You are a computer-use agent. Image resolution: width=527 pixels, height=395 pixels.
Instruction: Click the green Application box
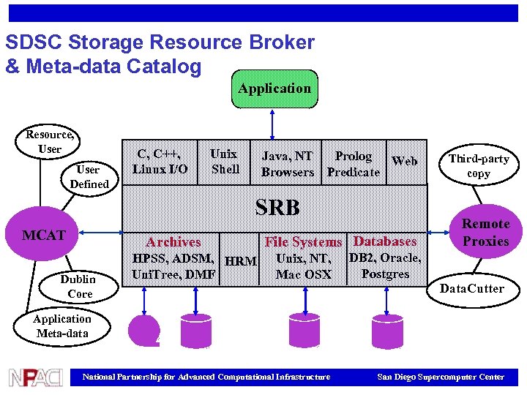tap(274, 89)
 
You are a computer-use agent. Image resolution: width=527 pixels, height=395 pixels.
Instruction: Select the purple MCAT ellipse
tap(45, 236)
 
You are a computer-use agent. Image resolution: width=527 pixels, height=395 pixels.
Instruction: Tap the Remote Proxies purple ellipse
tap(485, 233)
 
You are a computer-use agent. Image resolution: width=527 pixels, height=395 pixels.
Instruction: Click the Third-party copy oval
tap(479, 166)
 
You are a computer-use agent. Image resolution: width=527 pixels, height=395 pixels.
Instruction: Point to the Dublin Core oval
tap(78, 286)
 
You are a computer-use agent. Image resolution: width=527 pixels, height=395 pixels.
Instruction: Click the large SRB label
tap(277, 208)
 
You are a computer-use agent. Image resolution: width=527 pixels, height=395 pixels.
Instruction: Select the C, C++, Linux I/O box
tap(160, 162)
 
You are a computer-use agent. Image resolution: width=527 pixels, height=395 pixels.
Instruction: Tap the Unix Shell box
tap(224, 162)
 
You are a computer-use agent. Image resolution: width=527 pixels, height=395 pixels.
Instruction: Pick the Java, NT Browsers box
tap(287, 164)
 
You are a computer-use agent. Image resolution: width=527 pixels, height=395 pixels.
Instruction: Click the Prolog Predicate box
tap(354, 164)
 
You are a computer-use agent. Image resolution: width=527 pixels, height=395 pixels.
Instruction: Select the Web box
tap(405, 161)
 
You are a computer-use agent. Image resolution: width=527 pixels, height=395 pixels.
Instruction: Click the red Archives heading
tap(173, 242)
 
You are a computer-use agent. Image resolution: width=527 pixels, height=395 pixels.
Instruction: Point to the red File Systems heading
tap(303, 242)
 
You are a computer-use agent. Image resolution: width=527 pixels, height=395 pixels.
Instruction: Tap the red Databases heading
tap(385, 241)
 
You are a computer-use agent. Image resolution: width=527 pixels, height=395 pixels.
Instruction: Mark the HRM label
tap(241, 261)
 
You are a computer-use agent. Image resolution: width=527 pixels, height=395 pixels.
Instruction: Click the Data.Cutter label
tap(471, 288)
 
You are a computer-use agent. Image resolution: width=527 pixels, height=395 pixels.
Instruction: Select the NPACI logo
tap(35, 377)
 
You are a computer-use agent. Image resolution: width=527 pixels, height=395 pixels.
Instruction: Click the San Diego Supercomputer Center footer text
tap(440, 377)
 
